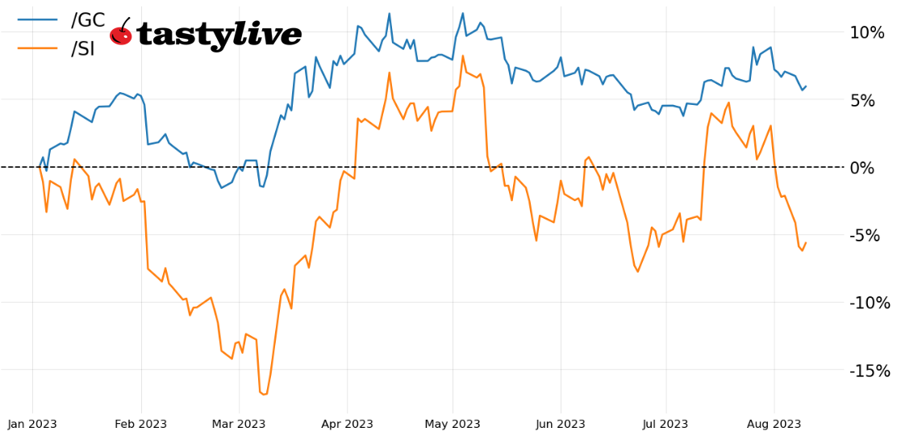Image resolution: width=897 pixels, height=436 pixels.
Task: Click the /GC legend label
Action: (87, 20)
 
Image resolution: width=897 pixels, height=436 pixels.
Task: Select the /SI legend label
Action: (82, 49)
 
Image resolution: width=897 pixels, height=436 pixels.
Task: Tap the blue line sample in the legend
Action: (37, 19)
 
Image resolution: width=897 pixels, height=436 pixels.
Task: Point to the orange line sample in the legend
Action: (37, 48)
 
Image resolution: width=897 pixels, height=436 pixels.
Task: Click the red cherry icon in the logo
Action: (121, 35)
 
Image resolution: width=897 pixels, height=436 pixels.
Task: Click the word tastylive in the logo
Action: (219, 35)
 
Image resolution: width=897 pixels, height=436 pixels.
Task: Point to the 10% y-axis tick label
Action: (866, 32)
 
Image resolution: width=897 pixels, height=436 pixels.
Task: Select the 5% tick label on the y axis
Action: (870, 100)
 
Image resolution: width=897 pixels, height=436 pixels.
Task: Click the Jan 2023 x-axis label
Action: (33, 424)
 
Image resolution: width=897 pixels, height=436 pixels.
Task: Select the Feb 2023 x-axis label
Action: (141, 424)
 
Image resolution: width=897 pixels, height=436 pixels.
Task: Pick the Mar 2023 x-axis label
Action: (239, 424)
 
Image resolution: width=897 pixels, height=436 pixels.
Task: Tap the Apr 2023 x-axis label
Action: (347, 424)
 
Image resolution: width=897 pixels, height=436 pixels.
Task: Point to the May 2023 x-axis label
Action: (453, 424)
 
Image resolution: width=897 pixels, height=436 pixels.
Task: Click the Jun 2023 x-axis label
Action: (561, 424)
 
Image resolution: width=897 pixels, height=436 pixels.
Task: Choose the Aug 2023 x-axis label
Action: (774, 424)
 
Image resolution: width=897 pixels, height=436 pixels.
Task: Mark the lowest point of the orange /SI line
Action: (264, 394)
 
